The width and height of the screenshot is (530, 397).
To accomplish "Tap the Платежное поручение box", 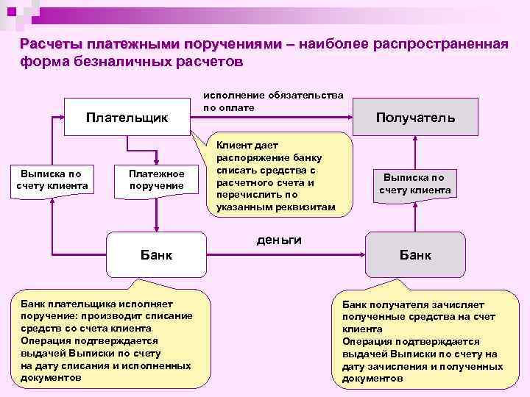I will tap(157, 179).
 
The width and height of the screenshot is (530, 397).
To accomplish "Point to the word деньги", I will tap(279, 240).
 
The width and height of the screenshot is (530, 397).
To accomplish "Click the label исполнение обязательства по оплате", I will tap(273, 101).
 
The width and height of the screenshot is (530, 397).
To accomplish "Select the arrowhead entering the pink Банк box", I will tap(362, 254).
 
